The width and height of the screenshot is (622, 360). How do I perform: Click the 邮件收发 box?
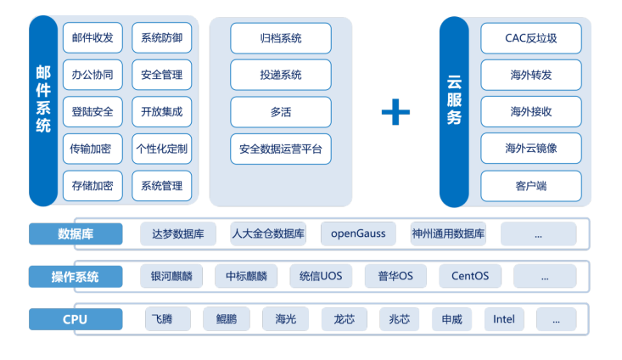pyautogui.click(x=92, y=38)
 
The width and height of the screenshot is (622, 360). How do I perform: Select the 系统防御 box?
pyautogui.click(x=161, y=38)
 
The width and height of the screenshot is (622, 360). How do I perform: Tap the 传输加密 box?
pyautogui.click(x=92, y=149)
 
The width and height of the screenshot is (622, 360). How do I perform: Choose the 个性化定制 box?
pyautogui.click(x=161, y=149)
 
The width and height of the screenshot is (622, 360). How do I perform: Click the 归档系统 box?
pyautogui.click(x=281, y=38)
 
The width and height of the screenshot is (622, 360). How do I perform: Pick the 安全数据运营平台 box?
pyautogui.click(x=281, y=149)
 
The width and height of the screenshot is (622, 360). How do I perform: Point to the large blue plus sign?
pyautogui.click(x=395, y=111)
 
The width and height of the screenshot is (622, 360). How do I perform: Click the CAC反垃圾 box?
pyautogui.click(x=531, y=38)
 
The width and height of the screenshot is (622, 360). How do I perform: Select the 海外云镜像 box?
pyautogui.click(x=531, y=149)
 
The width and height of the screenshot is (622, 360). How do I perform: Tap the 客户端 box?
pyautogui.click(x=531, y=185)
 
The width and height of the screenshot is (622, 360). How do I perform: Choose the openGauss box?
pyautogui.click(x=358, y=233)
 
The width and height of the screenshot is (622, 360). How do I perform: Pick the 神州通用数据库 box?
pyautogui.click(x=448, y=233)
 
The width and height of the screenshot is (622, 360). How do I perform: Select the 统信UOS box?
pyautogui.click(x=321, y=276)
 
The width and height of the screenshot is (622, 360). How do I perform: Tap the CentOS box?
pyautogui.click(x=470, y=276)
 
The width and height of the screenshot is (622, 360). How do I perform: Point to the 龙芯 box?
pyautogui.click(x=344, y=319)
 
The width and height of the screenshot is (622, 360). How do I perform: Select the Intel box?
pyautogui.click(x=504, y=319)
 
